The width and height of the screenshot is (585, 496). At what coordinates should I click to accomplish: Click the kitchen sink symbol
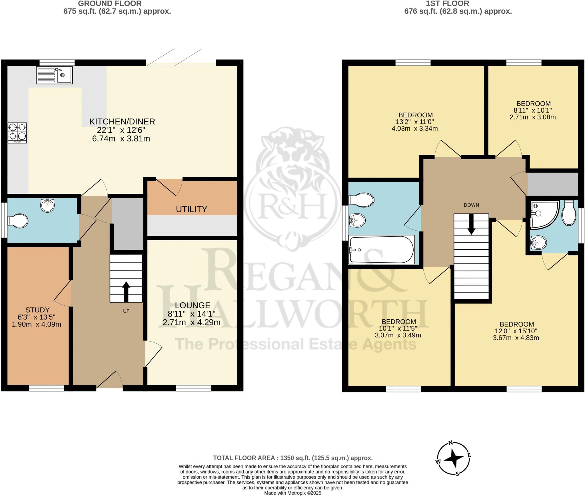click(x=54, y=75)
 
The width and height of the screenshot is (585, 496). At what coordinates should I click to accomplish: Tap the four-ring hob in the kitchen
click(x=17, y=133)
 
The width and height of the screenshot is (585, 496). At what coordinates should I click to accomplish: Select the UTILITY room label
click(x=191, y=209)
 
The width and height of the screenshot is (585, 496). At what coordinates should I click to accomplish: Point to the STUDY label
click(x=37, y=310)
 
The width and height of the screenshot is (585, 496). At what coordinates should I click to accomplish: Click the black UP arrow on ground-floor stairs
click(x=126, y=292)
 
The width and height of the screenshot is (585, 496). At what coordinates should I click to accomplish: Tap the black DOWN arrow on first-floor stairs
click(x=471, y=224)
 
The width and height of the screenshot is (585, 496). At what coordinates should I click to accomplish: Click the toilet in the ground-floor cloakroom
click(x=18, y=221)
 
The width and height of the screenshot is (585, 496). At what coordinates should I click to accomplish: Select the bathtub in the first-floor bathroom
click(x=381, y=250)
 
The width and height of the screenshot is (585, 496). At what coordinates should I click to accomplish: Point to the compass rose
click(x=453, y=462)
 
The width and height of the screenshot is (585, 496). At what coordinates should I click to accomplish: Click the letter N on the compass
click(x=451, y=443)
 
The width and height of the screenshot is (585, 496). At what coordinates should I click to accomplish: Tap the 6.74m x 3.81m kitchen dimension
click(x=121, y=139)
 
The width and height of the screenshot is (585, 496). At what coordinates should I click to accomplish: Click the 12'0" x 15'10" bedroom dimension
click(x=516, y=331)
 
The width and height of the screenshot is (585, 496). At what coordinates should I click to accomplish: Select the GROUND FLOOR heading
click(x=110, y=4)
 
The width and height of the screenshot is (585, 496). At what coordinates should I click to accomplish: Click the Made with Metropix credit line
click(x=293, y=493)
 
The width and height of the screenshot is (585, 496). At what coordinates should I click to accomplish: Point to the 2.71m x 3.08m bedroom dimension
click(x=533, y=117)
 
